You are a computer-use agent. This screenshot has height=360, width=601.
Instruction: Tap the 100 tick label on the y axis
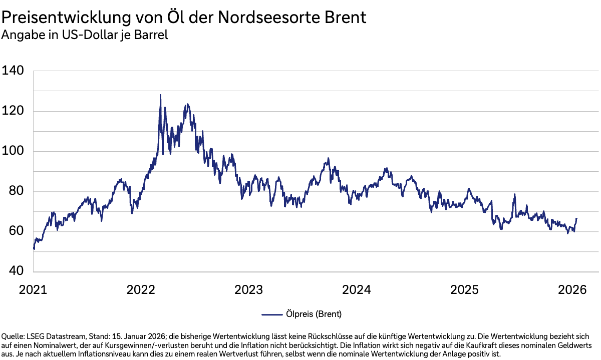(x=13, y=151)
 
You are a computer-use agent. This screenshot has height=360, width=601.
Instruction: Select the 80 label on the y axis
(x=16, y=191)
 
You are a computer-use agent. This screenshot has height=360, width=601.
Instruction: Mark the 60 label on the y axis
(x=16, y=231)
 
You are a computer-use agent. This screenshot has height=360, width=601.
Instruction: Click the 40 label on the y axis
(x=16, y=271)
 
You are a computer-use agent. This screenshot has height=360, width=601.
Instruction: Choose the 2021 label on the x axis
(x=33, y=290)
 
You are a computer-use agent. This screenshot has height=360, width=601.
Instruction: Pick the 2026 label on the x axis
(x=572, y=290)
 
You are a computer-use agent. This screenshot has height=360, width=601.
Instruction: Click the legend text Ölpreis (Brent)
(x=314, y=314)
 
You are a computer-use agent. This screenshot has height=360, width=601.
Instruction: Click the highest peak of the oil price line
(x=160, y=95)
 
